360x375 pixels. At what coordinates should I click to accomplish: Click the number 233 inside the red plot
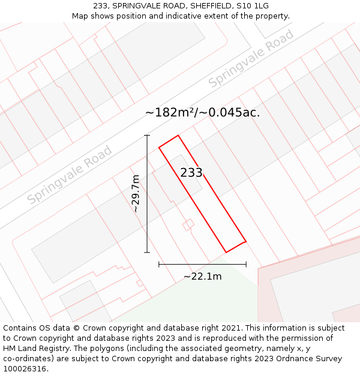click(191, 173)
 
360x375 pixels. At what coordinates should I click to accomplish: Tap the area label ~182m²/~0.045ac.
click(203, 112)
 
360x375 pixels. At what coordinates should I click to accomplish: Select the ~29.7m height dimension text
click(136, 194)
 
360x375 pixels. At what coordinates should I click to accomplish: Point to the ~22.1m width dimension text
click(202, 277)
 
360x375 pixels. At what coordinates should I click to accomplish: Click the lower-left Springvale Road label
click(70, 175)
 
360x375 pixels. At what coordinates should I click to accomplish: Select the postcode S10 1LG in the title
click(253, 6)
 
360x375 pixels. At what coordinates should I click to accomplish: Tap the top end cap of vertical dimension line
click(147, 136)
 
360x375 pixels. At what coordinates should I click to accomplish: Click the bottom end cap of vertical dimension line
click(147, 253)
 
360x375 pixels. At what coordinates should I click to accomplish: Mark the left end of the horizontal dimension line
click(159, 264)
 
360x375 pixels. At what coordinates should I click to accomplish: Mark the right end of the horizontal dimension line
click(246, 264)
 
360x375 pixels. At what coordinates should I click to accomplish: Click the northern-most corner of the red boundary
click(178, 135)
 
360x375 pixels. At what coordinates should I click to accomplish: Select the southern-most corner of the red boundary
click(226, 252)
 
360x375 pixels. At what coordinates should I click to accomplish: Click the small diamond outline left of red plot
click(188, 225)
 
